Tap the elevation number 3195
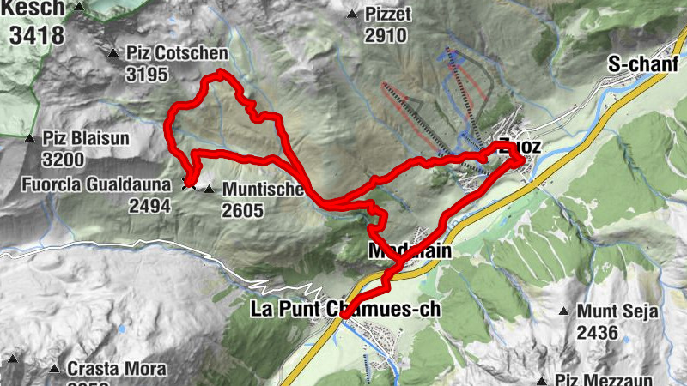click(147, 75)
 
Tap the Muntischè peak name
click(263, 189)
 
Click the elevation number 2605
click(241, 210)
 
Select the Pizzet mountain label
click(388, 15)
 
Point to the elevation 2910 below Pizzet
click(386, 36)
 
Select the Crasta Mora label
click(105, 370)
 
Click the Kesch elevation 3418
click(37, 35)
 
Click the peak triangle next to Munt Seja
click(564, 311)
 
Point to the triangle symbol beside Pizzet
click(352, 15)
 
